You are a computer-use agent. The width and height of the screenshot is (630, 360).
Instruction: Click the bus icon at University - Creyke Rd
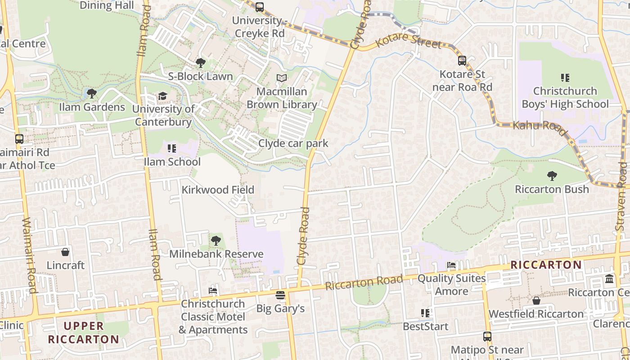260,7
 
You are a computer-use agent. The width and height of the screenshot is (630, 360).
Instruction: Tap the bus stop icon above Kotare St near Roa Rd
462,61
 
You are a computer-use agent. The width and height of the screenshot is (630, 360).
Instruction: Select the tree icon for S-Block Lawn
201,63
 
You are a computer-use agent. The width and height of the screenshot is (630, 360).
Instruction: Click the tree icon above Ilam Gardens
92,94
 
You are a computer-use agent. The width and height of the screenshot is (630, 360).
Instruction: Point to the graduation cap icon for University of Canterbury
162,96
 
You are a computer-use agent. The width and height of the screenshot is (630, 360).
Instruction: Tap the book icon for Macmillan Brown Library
282,78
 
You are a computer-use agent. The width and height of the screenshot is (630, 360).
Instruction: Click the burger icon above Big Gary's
280,296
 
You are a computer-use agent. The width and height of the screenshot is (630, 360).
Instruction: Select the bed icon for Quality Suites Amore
451,265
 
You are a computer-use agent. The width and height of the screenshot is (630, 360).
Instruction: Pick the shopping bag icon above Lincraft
66,252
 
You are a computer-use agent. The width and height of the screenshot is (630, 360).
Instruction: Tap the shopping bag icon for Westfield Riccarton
536,301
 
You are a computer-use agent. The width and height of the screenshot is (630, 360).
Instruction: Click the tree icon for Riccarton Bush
552,176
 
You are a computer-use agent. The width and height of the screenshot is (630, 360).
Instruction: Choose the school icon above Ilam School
172,148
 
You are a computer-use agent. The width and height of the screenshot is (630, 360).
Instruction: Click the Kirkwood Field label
218,190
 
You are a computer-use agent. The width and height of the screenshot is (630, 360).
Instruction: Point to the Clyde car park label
293,144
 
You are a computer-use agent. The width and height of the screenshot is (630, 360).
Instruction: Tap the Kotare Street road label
408,41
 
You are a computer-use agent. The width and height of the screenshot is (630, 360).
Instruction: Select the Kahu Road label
540,127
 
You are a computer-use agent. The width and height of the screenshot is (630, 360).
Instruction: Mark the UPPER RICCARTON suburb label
84,333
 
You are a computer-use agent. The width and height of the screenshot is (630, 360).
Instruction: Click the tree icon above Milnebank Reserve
216,241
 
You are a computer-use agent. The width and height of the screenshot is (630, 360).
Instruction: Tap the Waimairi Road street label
29,255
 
